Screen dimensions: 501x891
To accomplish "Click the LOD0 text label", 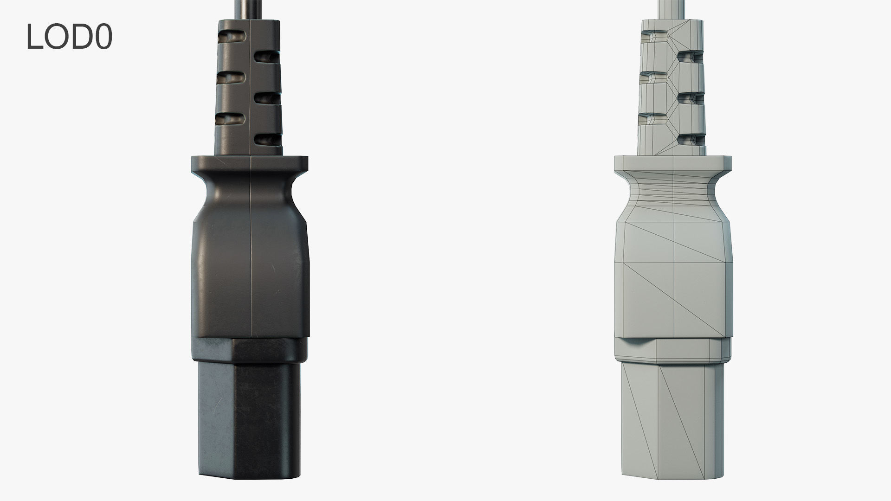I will pyautogui.click(x=69, y=37).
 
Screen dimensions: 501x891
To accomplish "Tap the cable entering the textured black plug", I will pyautogui.click(x=249, y=9).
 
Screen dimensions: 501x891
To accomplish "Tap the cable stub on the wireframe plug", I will pyautogui.click(x=672, y=9).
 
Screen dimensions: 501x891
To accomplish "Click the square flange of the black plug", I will pyautogui.click(x=249, y=164).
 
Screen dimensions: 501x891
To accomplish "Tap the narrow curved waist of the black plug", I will pyautogui.click(x=249, y=195).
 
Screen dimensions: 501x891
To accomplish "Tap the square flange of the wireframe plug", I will pyautogui.click(x=672, y=164).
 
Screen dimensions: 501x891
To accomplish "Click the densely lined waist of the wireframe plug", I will pyautogui.click(x=672, y=193).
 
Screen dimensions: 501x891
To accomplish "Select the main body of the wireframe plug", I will pyautogui.click(x=672, y=278).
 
